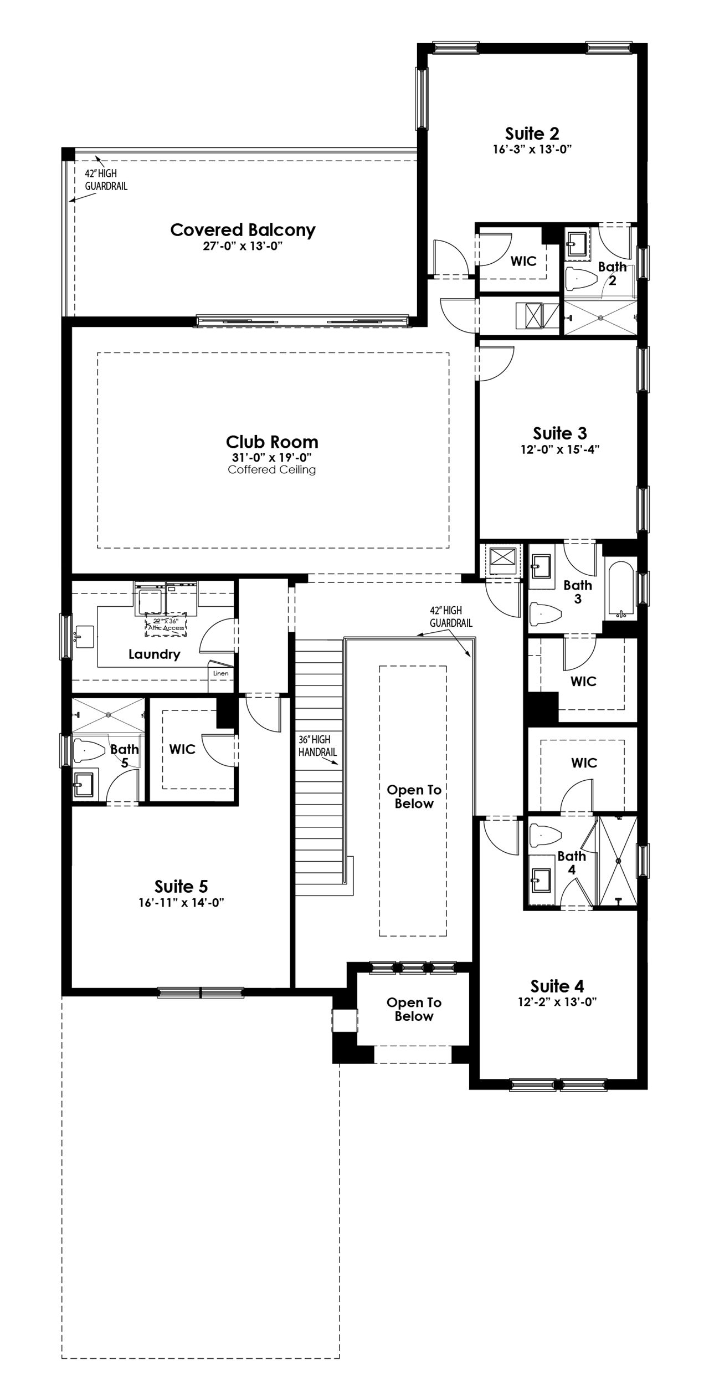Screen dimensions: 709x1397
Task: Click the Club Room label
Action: tap(272, 442)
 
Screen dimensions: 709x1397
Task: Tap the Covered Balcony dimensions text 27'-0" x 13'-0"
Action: tap(243, 246)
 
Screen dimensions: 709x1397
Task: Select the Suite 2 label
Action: tap(532, 134)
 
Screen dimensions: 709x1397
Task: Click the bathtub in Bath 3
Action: tap(620, 591)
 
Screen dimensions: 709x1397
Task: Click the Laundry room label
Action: tap(155, 654)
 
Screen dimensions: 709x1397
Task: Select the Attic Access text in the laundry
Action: tap(166, 628)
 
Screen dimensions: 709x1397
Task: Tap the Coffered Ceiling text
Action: tap(272, 470)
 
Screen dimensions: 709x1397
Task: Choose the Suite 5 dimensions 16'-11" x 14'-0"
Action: tap(181, 903)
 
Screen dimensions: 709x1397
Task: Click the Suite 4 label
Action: tap(557, 986)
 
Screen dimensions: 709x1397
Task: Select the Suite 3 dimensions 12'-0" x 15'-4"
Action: tap(560, 449)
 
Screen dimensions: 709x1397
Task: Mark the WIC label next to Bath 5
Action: tap(182, 749)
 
